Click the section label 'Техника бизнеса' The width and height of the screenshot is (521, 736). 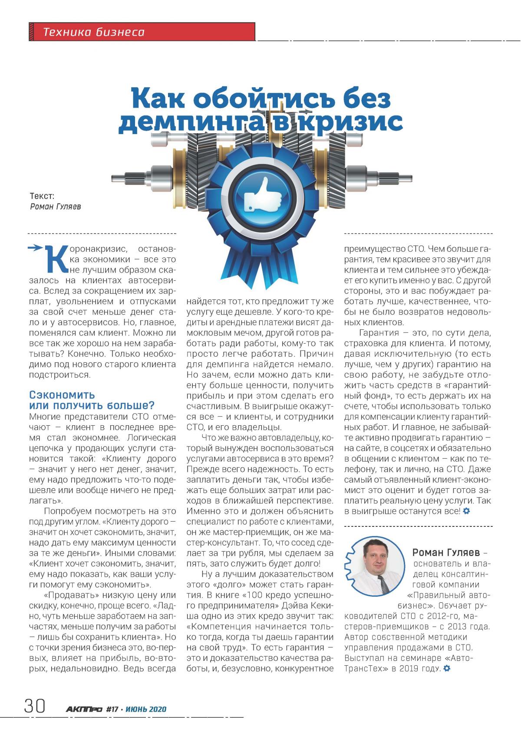pyautogui.click(x=94, y=32)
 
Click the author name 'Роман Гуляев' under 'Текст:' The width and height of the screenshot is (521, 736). pyautogui.click(x=56, y=207)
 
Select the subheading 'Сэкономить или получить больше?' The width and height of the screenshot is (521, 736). pyautogui.click(x=91, y=400)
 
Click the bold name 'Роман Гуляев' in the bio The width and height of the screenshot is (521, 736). pyautogui.click(x=446, y=552)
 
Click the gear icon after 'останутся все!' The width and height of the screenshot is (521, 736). pyautogui.click(x=466, y=511)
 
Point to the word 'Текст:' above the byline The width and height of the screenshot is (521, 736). pyautogui.click(x=42, y=196)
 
